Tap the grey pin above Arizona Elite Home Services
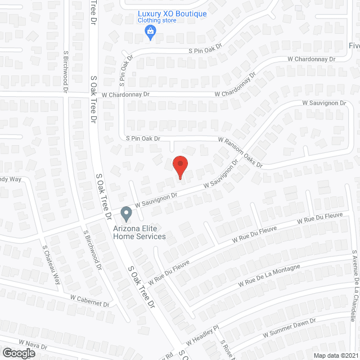(x=126, y=214)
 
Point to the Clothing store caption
(x=157, y=21)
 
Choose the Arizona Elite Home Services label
(x=139, y=232)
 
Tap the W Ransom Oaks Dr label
(x=241, y=152)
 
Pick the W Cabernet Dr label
(x=89, y=300)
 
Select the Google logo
(x=19, y=353)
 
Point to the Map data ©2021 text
(x=334, y=355)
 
